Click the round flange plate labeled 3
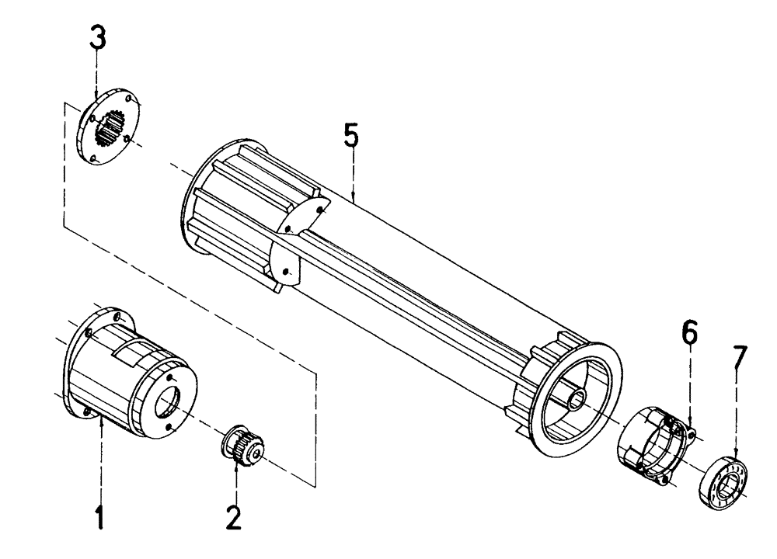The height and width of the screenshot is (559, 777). click(109, 128)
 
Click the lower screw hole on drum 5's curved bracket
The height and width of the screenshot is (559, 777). click(287, 272)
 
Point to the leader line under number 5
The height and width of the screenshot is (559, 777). click(353, 175)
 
